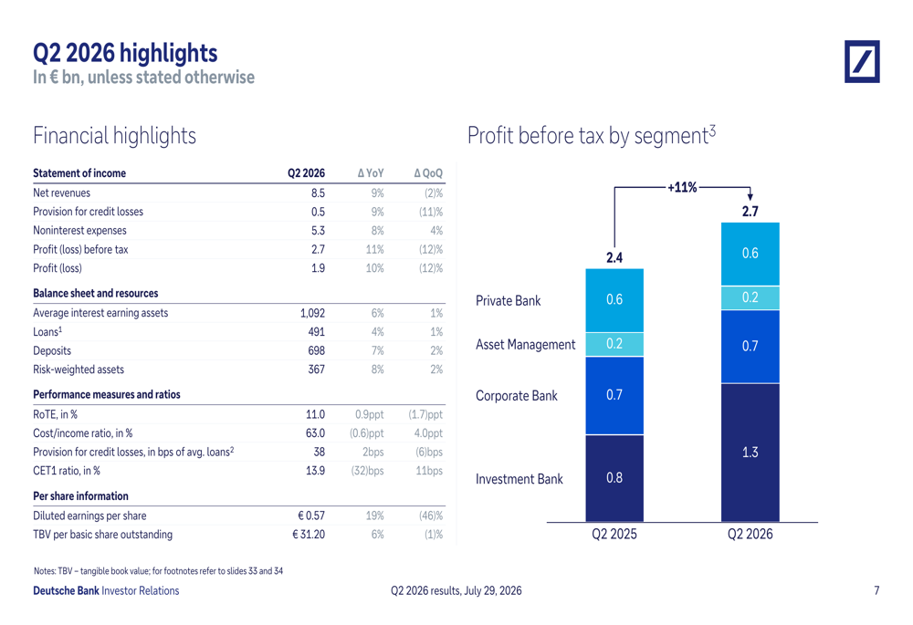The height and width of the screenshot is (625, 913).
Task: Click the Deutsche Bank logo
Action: click(862, 62)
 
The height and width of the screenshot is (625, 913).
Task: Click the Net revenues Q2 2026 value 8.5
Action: click(318, 193)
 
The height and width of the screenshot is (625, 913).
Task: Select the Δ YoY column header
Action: click(371, 173)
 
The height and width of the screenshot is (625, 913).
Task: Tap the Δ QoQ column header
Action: click(428, 173)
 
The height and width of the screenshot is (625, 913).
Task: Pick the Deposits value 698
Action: click(316, 351)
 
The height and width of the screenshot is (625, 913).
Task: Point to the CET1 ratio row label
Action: click(67, 471)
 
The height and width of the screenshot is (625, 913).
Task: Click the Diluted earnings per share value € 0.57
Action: click(311, 516)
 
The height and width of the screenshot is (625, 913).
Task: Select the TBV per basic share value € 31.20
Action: click(309, 535)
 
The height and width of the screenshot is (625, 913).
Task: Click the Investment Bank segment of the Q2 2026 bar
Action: click(750, 453)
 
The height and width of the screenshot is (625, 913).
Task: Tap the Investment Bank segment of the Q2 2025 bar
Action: click(614, 478)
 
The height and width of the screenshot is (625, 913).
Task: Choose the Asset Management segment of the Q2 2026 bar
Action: click(750, 298)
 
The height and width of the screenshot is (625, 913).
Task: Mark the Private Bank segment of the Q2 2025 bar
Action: click(614, 300)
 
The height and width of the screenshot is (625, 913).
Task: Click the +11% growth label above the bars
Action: click(682, 187)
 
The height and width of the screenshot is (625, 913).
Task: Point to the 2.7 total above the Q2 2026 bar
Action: click(750, 212)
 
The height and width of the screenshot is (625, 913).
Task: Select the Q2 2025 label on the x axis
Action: click(614, 535)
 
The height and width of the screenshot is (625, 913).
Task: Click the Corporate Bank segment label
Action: click(517, 396)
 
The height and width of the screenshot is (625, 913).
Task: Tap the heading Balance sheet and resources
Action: click(96, 293)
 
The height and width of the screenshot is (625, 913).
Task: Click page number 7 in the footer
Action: click(876, 590)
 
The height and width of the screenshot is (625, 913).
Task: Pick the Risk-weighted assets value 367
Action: click(316, 370)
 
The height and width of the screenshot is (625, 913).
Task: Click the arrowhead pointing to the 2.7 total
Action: click(750, 197)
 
